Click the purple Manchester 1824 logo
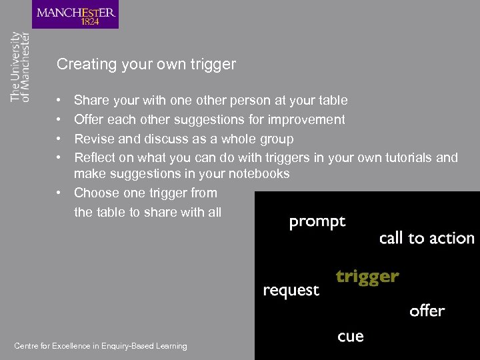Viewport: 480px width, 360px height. pos(75,15)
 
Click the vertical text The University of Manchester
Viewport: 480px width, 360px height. pos(20,67)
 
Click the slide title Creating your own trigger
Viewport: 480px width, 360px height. pos(146,65)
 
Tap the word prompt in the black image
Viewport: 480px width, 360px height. pos(317,222)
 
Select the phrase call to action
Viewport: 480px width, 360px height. pos(427,238)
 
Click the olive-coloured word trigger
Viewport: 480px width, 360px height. pos(367,276)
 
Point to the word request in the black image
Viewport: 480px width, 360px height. pos(291,291)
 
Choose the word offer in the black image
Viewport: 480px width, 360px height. pos(427,311)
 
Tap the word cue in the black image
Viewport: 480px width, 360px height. pos(351,336)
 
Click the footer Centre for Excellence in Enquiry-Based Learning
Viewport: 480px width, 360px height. pos(101,346)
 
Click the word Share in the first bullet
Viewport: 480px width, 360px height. pos(91,101)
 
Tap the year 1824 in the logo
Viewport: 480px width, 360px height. pos(89,21)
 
